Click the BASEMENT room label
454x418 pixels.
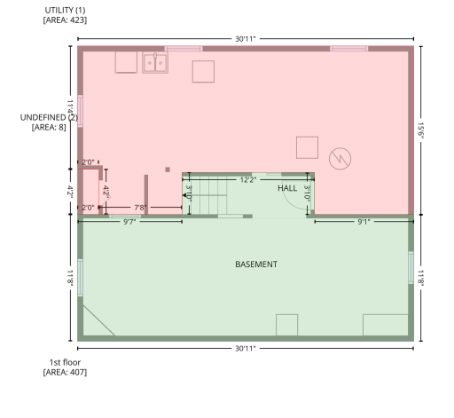(256, 264)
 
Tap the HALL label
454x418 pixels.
(287, 188)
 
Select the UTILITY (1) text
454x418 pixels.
(65, 11)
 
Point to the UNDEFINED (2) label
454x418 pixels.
(49, 117)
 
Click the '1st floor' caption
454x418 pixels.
(65, 362)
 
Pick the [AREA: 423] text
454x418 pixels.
(65, 20)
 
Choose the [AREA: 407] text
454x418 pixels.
(65, 372)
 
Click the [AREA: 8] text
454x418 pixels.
(49, 127)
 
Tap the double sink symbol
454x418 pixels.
(155, 63)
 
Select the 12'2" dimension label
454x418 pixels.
(248, 180)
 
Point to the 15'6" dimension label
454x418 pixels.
(420, 130)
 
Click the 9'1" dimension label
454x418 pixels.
(364, 222)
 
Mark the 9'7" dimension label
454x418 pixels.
(129, 222)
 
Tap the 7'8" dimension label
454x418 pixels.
(140, 208)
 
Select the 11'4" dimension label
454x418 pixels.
(70, 107)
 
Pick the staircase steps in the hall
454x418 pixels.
(208, 193)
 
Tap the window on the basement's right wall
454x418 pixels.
(411, 267)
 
